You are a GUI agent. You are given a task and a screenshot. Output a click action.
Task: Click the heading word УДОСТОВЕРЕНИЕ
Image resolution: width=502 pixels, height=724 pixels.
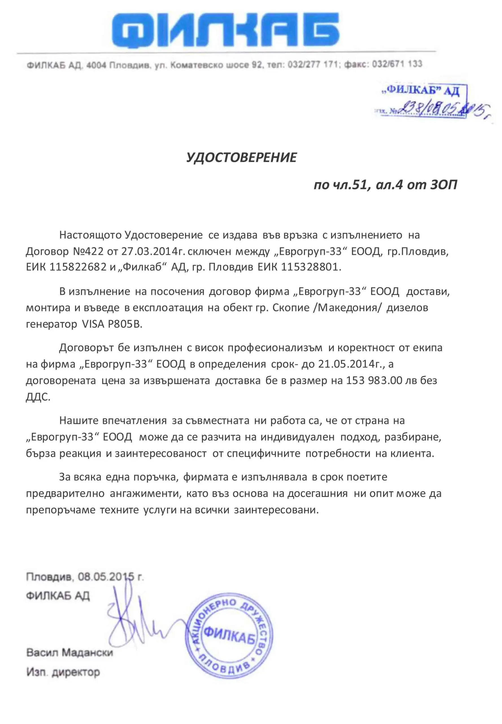tap(241, 157)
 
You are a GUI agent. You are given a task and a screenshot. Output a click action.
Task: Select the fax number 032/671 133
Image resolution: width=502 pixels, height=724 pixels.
tap(397, 64)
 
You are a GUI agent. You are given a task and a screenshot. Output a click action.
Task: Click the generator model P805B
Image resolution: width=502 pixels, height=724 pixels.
tap(125, 324)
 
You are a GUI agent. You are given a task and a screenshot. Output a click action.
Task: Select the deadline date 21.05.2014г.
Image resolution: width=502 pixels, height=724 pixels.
tap(352, 364)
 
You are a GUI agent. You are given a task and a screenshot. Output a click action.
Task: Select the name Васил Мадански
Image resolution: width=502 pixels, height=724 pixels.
tap(69, 652)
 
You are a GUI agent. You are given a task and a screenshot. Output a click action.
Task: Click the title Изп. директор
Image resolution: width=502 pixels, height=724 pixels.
tap(63, 672)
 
